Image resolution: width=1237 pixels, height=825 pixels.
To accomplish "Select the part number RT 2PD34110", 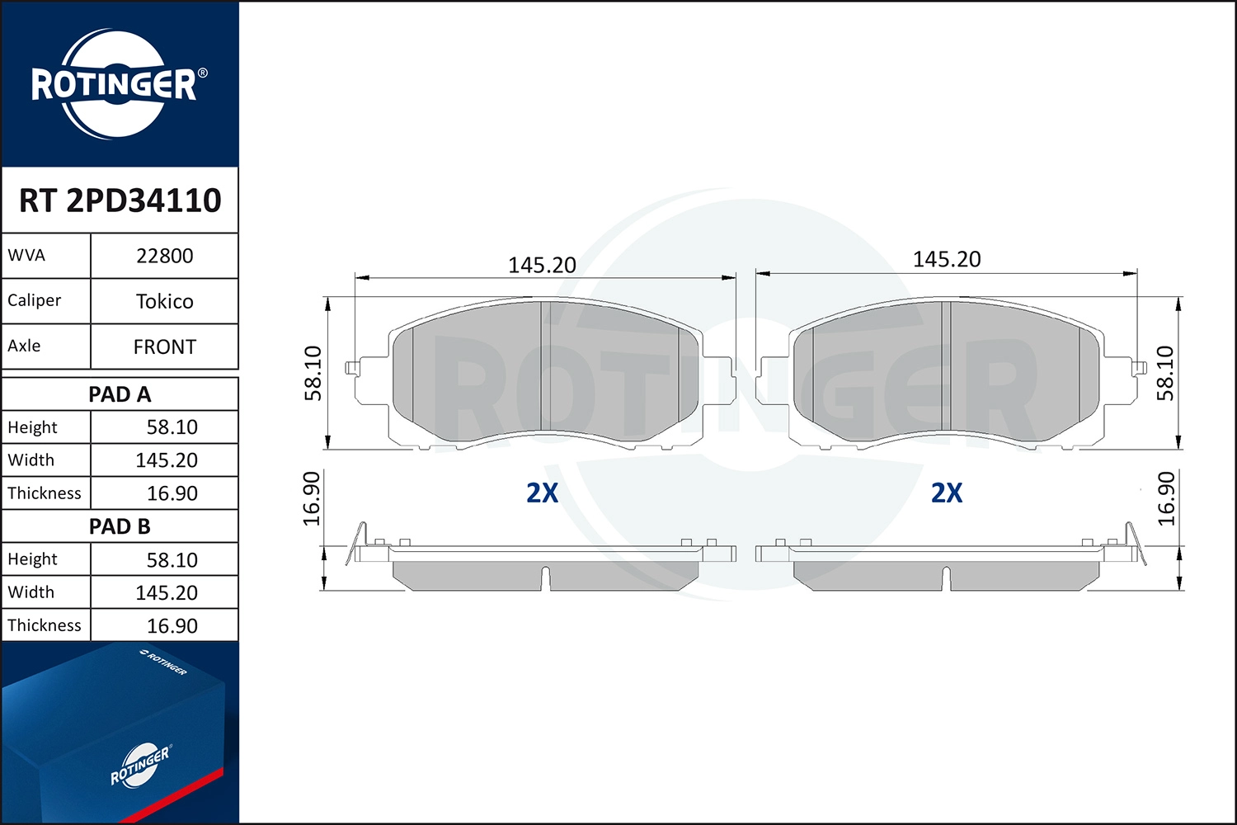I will tap(120, 200).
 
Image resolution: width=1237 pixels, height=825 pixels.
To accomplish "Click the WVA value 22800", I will tap(164, 256).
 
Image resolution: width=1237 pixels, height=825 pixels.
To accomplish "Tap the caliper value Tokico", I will tap(164, 301).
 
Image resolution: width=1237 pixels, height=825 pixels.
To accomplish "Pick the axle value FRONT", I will tap(164, 347).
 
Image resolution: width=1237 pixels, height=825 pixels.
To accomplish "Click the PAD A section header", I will tap(120, 394).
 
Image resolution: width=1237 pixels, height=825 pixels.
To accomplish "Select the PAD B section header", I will tap(120, 526).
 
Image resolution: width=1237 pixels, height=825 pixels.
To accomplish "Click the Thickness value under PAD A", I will tap(172, 493).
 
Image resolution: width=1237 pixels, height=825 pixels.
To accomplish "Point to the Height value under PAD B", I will tap(172, 560).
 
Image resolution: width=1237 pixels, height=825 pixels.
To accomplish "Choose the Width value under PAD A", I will tap(167, 460).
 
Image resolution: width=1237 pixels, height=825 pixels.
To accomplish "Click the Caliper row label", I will tap(35, 300).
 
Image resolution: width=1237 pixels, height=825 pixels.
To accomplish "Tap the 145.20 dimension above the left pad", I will tap(542, 265).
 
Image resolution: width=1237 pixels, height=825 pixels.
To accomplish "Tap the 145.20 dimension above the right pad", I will tap(947, 259).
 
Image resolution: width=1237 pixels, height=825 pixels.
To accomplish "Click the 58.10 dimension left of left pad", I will tap(313, 373).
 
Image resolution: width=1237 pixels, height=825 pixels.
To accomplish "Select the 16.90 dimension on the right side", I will tap(1166, 498).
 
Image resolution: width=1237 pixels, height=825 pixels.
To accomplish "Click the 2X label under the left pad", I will tap(542, 493).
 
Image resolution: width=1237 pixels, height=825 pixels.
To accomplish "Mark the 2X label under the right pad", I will tap(947, 493).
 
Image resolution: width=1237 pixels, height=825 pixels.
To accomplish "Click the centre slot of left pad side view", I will tap(545, 577).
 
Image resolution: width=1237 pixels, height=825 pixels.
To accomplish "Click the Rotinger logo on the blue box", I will tap(140, 765).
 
